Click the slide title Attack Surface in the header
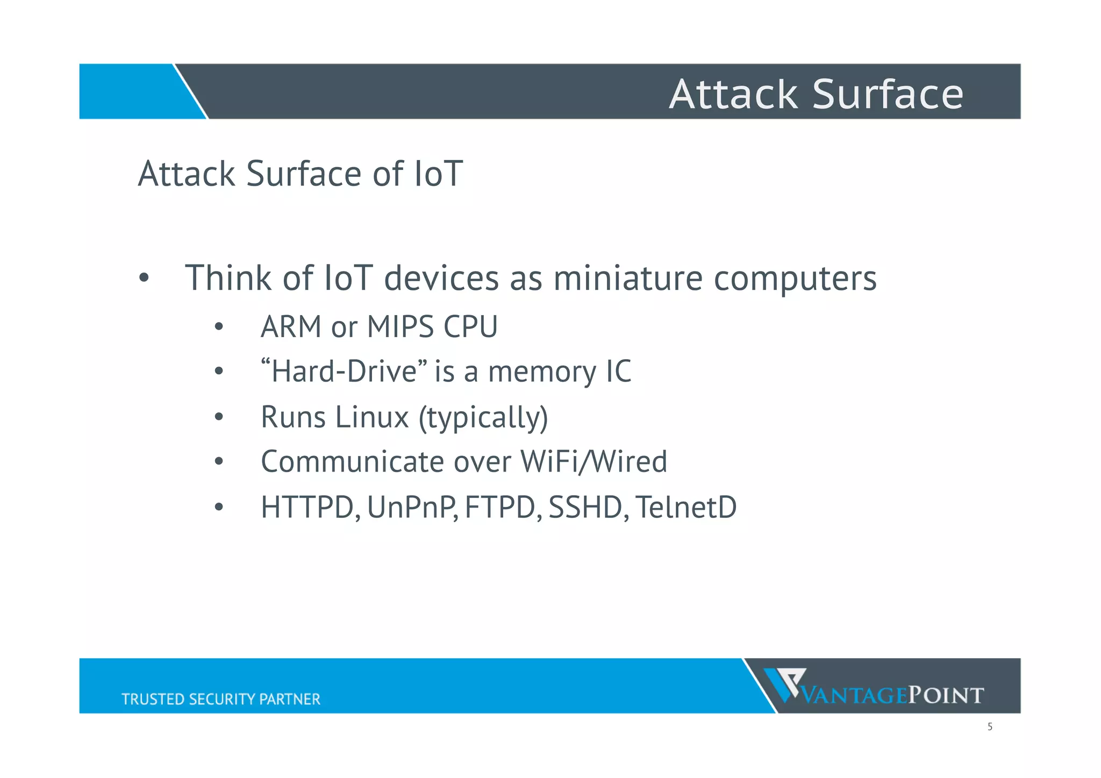[816, 94]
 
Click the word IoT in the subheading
[438, 174]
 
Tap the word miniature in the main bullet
[627, 279]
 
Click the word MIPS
[400, 327]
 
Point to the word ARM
[291, 327]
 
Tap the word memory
[542, 373]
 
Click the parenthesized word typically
[483, 418]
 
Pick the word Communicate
[352, 462]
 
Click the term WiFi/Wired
[594, 462]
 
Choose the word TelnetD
[685, 507]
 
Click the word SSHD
[585, 507]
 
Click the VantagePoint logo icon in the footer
[785, 684]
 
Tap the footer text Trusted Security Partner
[220, 699]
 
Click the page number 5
[990, 727]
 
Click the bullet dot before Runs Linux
[218, 417]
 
